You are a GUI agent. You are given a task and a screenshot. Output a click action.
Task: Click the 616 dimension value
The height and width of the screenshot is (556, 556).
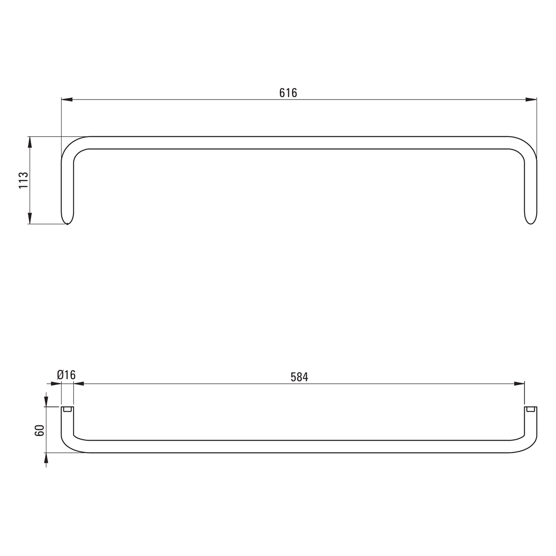click(x=288, y=93)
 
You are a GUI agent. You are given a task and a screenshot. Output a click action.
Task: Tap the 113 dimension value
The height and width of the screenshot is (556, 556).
click(x=23, y=180)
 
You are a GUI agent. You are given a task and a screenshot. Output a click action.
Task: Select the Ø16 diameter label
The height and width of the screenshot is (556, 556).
click(x=66, y=375)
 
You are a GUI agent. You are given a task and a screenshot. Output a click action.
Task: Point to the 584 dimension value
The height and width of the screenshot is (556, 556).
click(x=299, y=377)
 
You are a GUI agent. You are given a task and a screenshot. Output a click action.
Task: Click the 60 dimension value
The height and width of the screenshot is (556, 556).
click(x=39, y=430)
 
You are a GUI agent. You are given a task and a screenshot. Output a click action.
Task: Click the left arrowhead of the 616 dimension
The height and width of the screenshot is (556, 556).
click(x=67, y=100)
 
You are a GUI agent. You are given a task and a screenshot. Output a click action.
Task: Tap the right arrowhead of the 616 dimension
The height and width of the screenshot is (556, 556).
click(x=531, y=100)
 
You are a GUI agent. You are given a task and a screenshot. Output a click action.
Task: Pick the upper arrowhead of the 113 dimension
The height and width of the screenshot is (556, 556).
click(x=30, y=142)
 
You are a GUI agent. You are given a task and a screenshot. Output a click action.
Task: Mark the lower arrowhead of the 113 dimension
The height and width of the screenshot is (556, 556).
click(x=30, y=218)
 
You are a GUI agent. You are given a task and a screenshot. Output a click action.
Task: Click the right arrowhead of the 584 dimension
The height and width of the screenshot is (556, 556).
click(x=519, y=384)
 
